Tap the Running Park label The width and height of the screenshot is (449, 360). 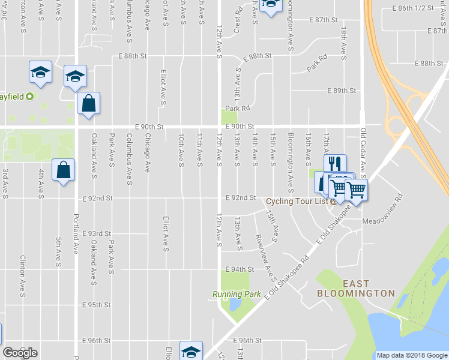(x=237, y=294)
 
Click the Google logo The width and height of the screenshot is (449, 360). (x=20, y=353)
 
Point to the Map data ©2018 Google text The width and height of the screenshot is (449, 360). (x=411, y=355)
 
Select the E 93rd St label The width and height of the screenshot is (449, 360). (x=97, y=233)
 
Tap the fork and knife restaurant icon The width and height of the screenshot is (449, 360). (x=335, y=164)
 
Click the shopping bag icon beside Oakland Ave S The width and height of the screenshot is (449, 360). (x=88, y=103)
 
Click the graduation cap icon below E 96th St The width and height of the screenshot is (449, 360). (x=191, y=351)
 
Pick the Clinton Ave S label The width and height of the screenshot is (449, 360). (x=23, y=276)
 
